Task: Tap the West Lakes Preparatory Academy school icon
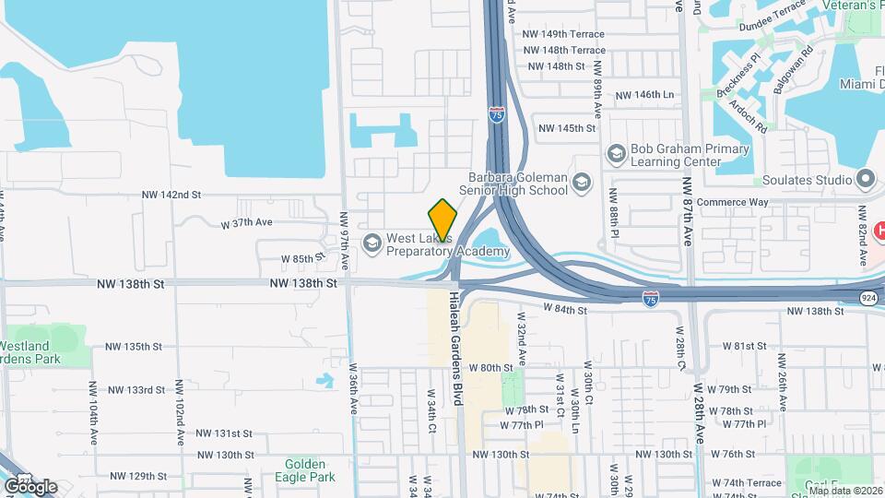tap(372, 243)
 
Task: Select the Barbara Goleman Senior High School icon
tap(581, 184)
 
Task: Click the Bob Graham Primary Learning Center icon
tap(615, 153)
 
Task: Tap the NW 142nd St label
tap(171, 195)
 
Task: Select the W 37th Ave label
tap(247, 223)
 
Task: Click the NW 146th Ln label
tap(644, 95)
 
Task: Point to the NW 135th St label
tap(133, 347)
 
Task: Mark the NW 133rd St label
tap(134, 390)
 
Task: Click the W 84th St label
tap(564, 310)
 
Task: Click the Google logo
tap(30, 486)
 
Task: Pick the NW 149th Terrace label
tap(563, 33)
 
